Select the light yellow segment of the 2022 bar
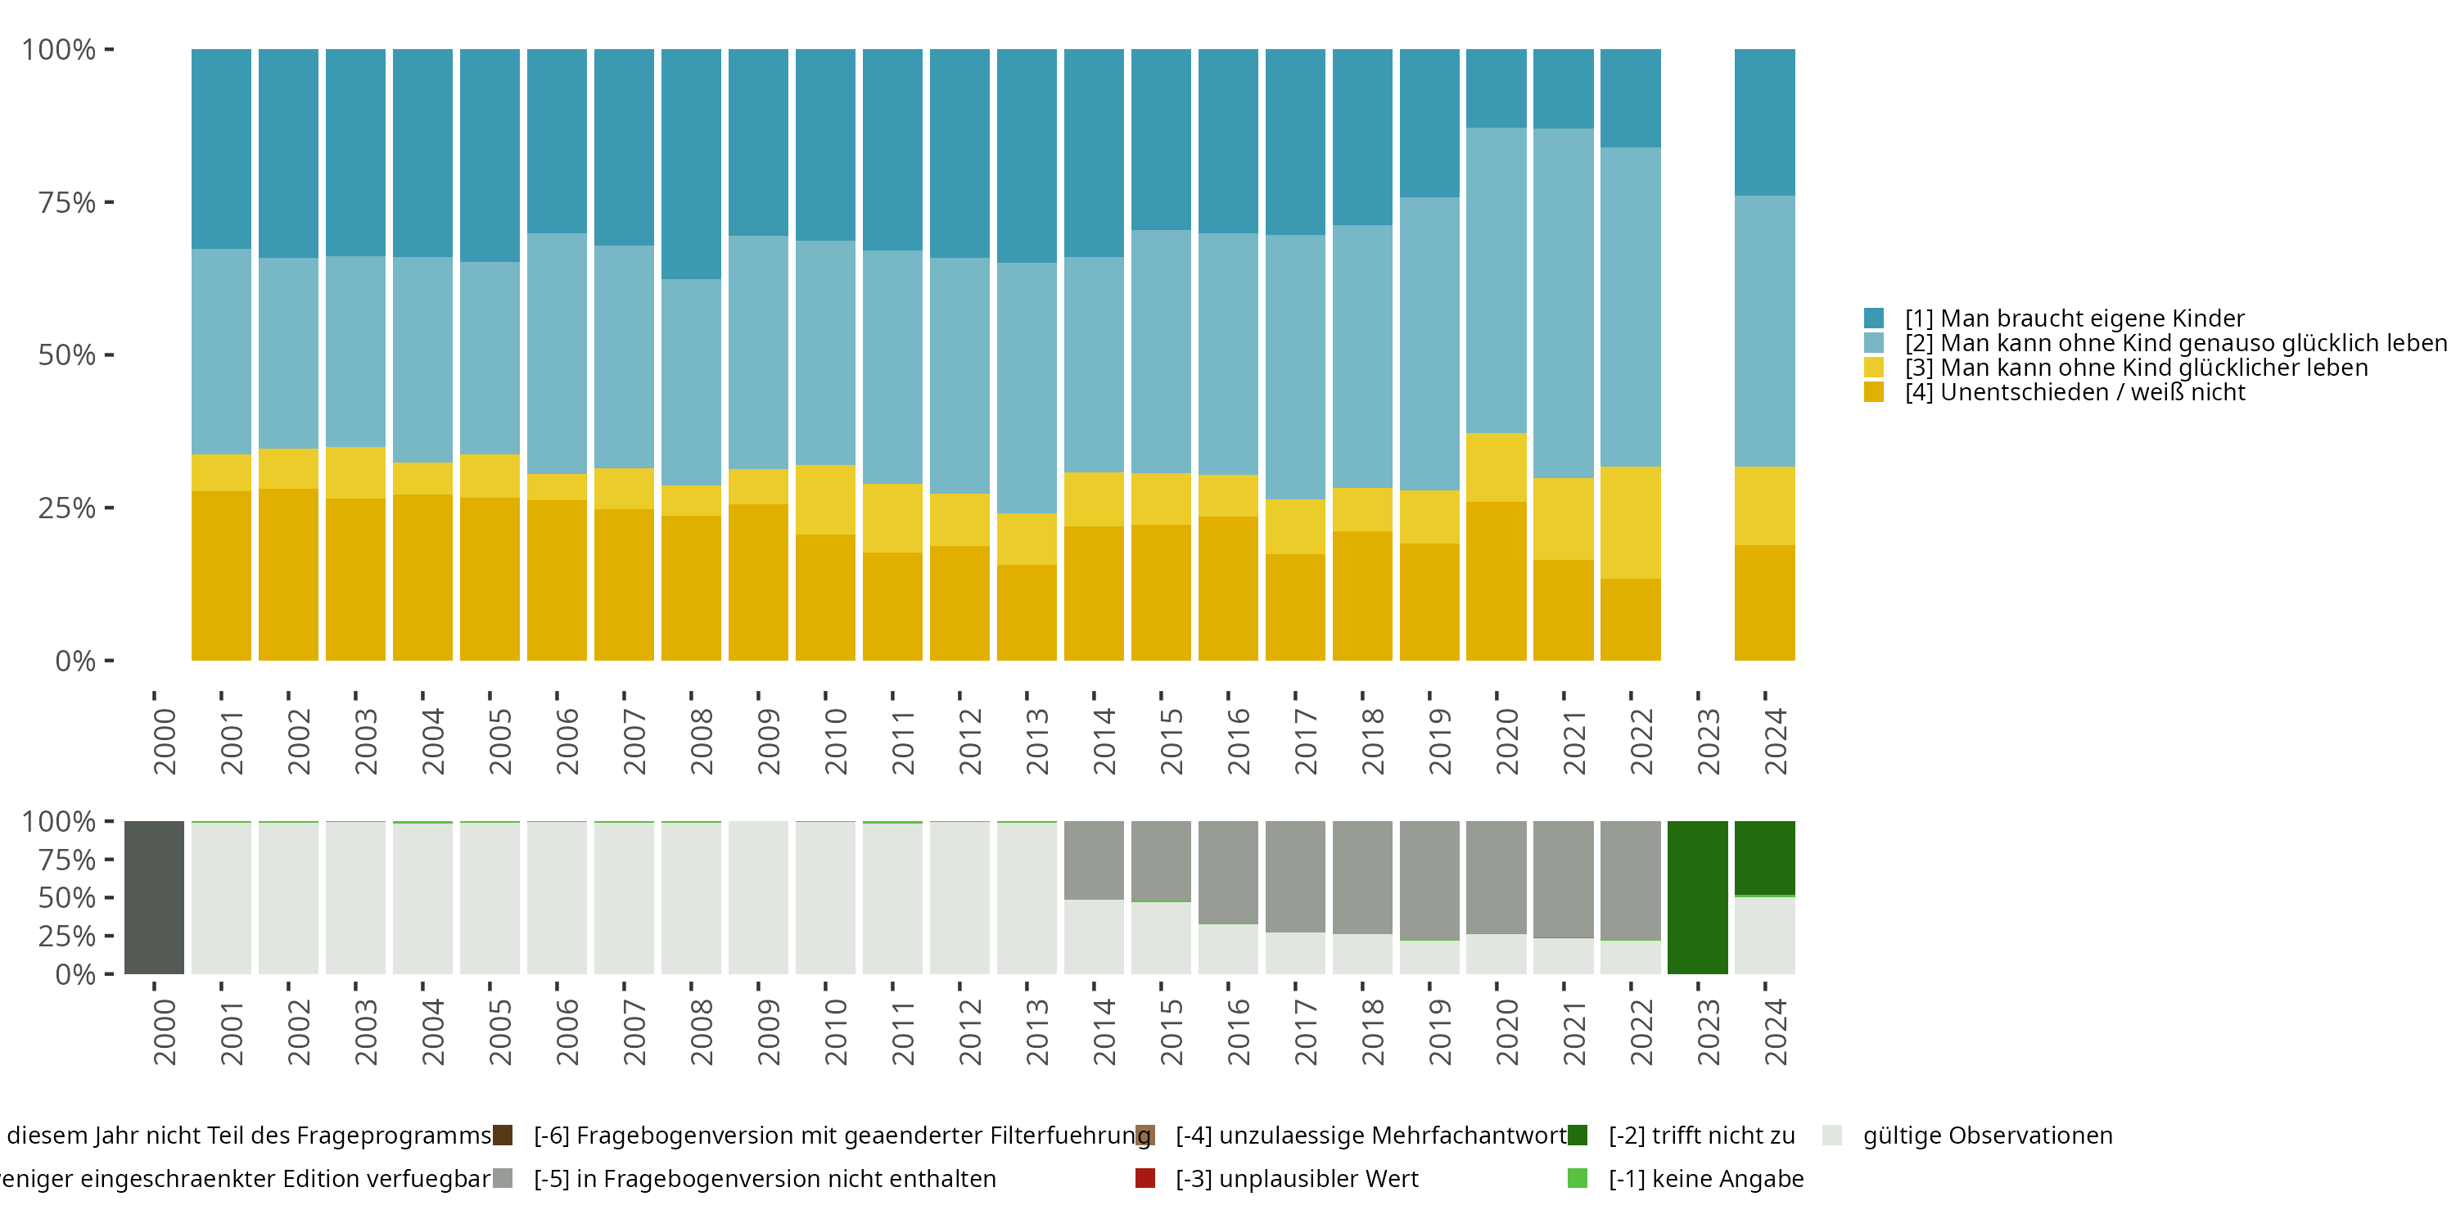(x=1630, y=522)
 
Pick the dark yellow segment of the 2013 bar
(x=1027, y=612)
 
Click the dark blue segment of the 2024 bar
(x=1764, y=122)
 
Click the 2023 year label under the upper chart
(x=1708, y=741)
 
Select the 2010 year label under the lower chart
(x=835, y=1032)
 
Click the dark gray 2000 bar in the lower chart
(x=155, y=897)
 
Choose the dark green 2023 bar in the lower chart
(x=1697, y=897)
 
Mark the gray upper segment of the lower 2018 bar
(x=1362, y=877)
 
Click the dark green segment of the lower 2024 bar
(x=1764, y=857)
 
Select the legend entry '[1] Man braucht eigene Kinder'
(x=2074, y=318)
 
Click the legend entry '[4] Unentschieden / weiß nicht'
(x=2074, y=393)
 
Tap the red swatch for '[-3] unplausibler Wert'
(x=1145, y=1178)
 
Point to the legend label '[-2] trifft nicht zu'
(x=1701, y=1135)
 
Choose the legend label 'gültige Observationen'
(x=1987, y=1135)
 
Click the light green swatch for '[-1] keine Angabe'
(x=1578, y=1178)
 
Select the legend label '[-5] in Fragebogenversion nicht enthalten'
(x=765, y=1178)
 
